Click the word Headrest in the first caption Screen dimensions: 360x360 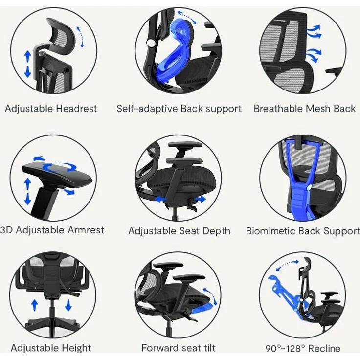click(x=76, y=109)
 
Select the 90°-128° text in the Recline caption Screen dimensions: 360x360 click(x=285, y=349)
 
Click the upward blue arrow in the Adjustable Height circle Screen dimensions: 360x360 click(x=35, y=305)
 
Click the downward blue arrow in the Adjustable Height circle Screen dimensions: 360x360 click(x=68, y=305)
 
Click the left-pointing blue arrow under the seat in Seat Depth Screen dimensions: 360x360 click(x=161, y=199)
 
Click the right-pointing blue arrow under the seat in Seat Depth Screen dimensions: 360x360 click(x=200, y=199)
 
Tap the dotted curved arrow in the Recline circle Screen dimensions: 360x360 click(x=287, y=265)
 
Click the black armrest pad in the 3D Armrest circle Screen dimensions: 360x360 click(x=57, y=175)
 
